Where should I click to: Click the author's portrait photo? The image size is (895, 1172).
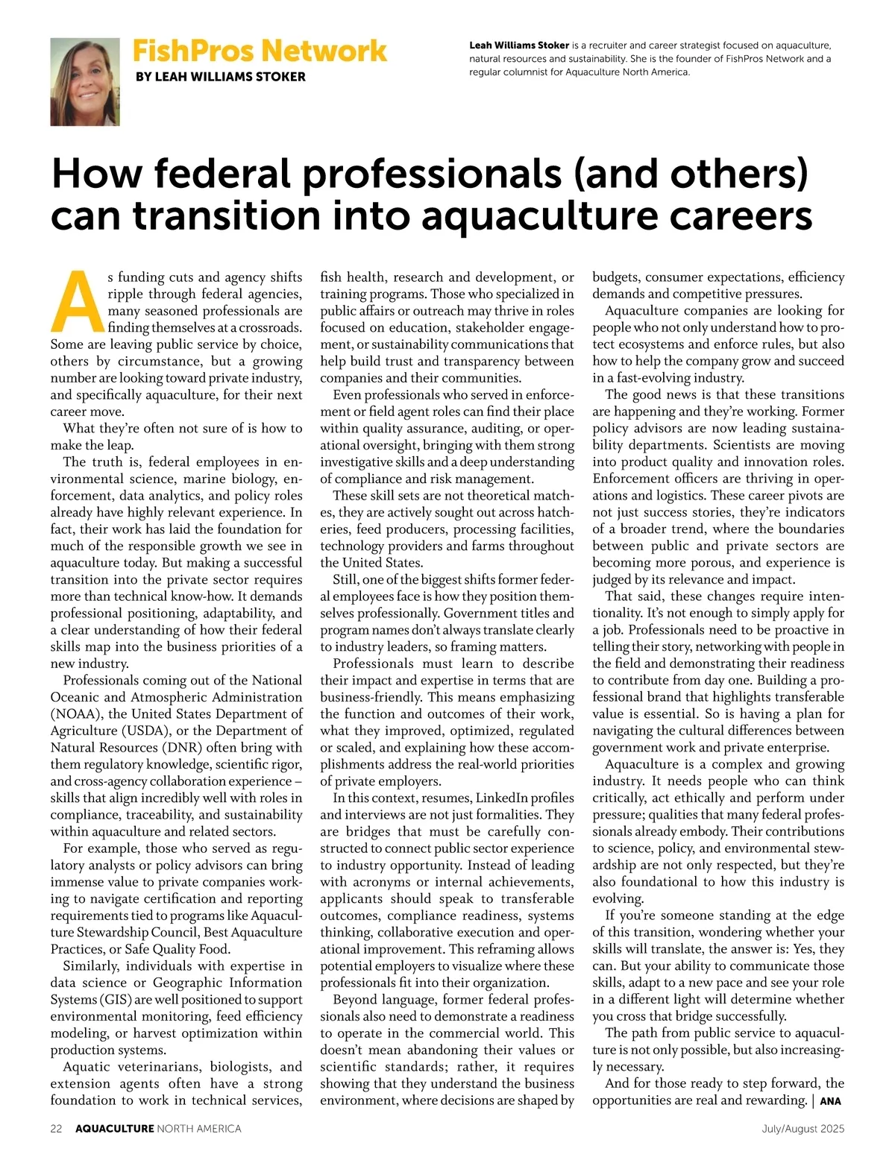(85, 82)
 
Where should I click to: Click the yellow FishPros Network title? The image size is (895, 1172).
(260, 51)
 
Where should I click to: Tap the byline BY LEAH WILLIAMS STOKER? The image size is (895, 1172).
(220, 77)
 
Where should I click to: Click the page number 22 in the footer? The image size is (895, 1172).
(56, 1129)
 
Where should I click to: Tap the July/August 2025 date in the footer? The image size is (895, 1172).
(803, 1129)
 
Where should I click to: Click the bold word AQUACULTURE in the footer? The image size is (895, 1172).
(114, 1129)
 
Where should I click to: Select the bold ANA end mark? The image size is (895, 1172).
(830, 1101)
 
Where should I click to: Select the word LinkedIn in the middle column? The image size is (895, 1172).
(502, 798)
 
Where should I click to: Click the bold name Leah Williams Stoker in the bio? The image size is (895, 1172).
(519, 45)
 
